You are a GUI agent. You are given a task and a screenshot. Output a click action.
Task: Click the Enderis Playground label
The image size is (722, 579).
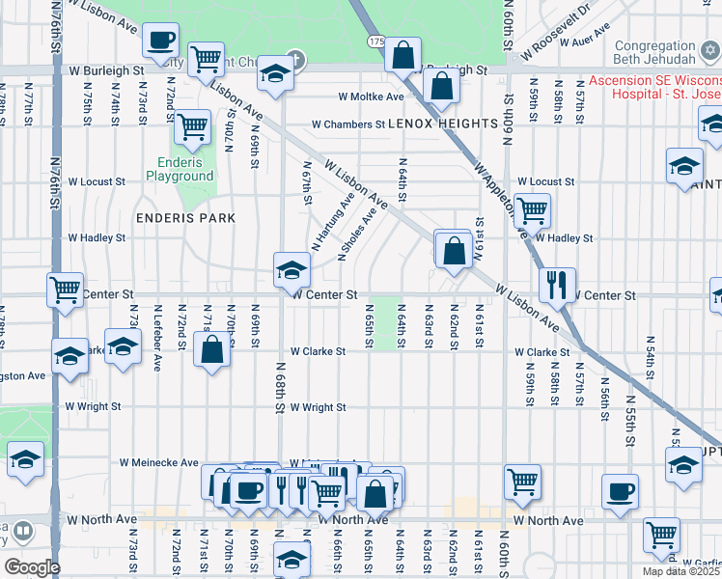pyautogui.click(x=180, y=170)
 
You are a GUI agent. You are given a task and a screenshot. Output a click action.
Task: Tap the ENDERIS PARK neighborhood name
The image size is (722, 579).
pyautogui.click(x=186, y=218)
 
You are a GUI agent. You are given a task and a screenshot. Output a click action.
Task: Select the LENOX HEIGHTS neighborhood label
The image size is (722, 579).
pyautogui.click(x=443, y=124)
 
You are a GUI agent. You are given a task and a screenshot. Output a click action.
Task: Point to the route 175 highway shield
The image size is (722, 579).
pyautogui.click(x=376, y=42)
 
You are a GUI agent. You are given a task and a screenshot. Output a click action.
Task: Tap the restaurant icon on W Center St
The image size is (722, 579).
pyautogui.click(x=557, y=285)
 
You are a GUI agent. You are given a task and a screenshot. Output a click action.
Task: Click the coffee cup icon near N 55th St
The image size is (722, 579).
pyautogui.click(x=620, y=491)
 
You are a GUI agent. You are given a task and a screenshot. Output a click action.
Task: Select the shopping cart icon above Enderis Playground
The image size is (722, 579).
pyautogui.click(x=192, y=126)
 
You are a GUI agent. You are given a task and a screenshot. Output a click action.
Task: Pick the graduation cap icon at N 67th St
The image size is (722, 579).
pyautogui.click(x=291, y=270)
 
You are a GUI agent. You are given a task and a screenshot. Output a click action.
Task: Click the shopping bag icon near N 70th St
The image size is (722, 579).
pyautogui.click(x=211, y=349)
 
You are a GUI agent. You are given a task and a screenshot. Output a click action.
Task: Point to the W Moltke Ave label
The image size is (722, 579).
pyautogui.click(x=371, y=96)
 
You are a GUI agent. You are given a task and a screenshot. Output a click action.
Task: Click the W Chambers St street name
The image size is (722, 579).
pyautogui.click(x=347, y=124)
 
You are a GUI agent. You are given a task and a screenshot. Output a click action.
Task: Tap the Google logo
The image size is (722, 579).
pyautogui.click(x=32, y=567)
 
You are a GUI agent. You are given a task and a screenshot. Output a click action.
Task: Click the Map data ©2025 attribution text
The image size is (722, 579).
pyautogui.click(x=680, y=571)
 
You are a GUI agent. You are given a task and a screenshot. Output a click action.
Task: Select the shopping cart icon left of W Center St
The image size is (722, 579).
pyautogui.click(x=65, y=289)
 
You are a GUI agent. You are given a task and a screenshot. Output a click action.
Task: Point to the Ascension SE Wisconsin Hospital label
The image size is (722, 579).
pyautogui.click(x=656, y=87)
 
